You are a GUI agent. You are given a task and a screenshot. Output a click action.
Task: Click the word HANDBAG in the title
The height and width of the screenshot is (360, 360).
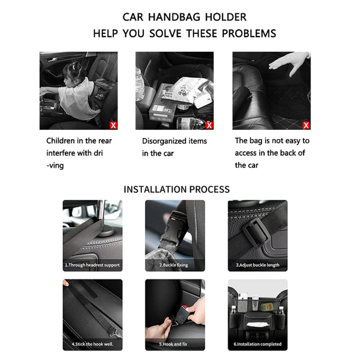174,17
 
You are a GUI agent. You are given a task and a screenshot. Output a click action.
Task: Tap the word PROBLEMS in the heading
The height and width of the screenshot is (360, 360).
249,33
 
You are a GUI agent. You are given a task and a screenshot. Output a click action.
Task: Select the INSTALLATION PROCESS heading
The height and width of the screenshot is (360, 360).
176,189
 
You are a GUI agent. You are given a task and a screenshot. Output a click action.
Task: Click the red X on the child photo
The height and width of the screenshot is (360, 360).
113,126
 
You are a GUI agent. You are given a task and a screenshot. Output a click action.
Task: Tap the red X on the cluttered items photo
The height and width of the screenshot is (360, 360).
209,126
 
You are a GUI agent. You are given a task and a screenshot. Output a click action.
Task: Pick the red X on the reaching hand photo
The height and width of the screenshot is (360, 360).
306,126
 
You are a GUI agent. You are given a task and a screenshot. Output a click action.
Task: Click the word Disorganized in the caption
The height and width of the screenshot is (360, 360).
164,141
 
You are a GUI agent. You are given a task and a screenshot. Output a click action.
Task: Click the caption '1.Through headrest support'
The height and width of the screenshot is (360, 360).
92,265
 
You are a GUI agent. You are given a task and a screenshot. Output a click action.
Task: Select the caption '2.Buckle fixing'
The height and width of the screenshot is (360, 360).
174,265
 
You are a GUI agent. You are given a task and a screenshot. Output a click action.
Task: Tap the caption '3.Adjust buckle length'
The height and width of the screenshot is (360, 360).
257,265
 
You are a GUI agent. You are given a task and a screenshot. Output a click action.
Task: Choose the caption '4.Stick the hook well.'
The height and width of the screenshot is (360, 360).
93,344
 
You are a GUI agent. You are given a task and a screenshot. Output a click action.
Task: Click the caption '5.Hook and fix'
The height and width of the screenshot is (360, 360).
173,344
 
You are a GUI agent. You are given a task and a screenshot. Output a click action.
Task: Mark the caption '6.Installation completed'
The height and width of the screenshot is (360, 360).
257,344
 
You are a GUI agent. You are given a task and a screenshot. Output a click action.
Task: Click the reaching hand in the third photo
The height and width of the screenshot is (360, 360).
289,62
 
